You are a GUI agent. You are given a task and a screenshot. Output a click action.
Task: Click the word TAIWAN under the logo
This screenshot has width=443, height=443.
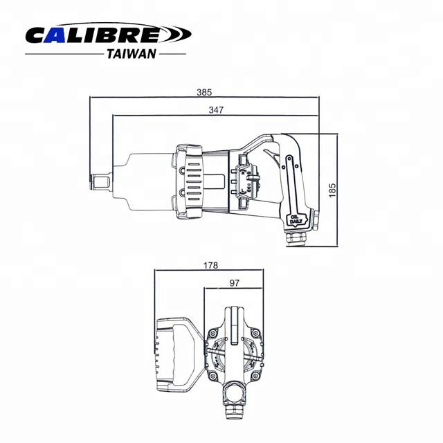[132, 54]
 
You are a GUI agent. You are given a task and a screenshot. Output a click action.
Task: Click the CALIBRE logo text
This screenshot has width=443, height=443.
[93, 35]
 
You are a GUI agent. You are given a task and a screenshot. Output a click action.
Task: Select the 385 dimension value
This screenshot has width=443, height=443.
[204, 92]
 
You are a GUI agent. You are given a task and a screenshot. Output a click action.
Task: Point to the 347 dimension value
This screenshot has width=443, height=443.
[216, 110]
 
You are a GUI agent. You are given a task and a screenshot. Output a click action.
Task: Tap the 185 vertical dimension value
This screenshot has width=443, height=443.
[332, 190]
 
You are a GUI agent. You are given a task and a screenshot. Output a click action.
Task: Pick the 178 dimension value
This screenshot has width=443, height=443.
[210, 266]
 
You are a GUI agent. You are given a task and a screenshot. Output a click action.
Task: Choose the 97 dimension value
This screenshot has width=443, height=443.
[234, 283]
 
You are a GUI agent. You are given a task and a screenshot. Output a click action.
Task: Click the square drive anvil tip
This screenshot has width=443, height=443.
[100, 181]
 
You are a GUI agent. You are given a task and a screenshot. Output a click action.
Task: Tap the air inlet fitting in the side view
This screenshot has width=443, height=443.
[296, 238]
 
